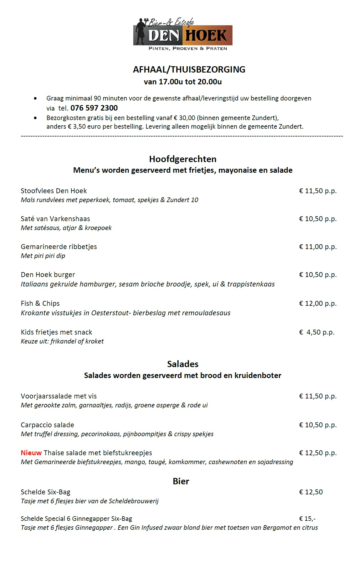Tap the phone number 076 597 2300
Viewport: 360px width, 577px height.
(94, 108)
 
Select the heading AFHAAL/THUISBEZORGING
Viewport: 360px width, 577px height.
(189, 70)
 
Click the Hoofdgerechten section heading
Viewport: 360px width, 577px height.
(183, 159)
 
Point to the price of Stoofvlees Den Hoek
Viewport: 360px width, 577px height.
(318, 191)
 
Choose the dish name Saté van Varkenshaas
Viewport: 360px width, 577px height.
(55, 219)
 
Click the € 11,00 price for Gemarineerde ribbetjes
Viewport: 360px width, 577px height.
(318, 247)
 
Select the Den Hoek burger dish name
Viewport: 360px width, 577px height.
(48, 275)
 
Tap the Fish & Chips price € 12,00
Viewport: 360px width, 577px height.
(318, 303)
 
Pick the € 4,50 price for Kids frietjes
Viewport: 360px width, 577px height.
(317, 332)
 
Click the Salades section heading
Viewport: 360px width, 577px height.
(183, 364)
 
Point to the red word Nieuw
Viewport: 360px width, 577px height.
(31, 453)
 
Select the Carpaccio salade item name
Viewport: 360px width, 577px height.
(47, 425)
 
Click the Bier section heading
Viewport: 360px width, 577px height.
(181, 481)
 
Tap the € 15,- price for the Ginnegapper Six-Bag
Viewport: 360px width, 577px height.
(307, 519)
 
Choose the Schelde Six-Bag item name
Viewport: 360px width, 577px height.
(45, 492)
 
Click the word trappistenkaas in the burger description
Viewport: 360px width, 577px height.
(251, 284)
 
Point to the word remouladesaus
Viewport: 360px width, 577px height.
(207, 313)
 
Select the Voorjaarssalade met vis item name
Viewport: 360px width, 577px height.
(59, 396)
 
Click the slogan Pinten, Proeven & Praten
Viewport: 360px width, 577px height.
(188, 49)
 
